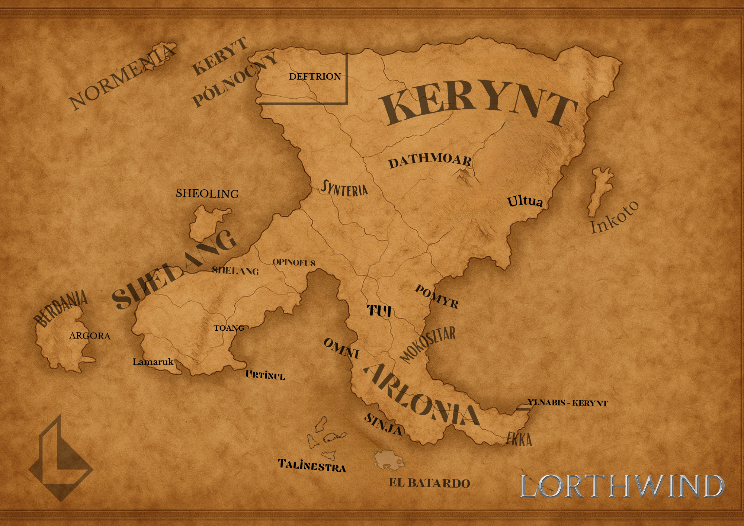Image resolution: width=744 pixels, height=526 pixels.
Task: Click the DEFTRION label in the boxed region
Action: coord(315,77)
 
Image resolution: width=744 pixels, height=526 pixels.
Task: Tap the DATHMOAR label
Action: coord(430,160)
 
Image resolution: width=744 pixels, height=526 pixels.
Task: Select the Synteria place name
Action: coord(344,189)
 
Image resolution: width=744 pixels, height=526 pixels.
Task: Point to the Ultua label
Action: coord(525,201)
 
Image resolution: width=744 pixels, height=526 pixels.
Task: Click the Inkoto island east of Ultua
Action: coord(600,189)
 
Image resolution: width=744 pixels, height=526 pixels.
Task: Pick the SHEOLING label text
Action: coord(207,193)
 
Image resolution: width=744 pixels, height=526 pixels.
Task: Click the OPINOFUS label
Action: coord(294,263)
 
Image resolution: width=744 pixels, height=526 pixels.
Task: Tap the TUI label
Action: coord(379,311)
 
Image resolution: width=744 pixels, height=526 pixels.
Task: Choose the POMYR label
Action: coord(436,297)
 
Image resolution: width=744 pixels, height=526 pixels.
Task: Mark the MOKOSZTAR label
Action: coord(428,344)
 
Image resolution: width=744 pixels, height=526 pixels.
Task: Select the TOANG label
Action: coord(229,328)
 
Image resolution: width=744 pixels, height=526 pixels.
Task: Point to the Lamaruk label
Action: coord(153,362)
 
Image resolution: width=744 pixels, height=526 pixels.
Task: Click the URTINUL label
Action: coord(265,375)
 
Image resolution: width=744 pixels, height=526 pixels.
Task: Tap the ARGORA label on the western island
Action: coord(90,336)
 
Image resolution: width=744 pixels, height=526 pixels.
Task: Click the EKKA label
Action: coord(519,439)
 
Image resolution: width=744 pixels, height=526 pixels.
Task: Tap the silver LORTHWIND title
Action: coord(622,486)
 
